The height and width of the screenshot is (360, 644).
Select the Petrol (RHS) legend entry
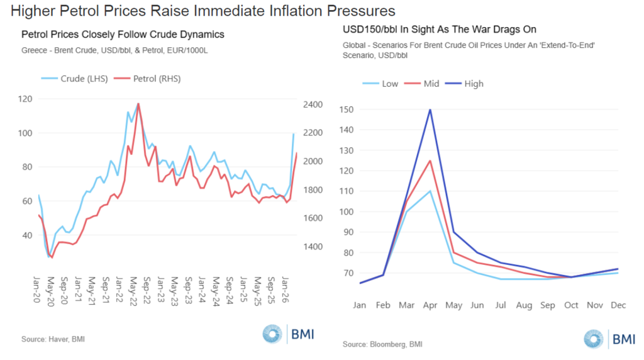pyautogui.click(x=156, y=79)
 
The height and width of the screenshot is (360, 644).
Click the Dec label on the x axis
pyautogui.click(x=619, y=307)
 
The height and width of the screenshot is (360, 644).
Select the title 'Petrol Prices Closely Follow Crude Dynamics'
pyautogui.click(x=123, y=34)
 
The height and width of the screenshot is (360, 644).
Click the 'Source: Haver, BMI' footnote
pyautogui.click(x=53, y=339)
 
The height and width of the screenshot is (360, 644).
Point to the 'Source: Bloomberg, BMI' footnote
pyautogui.click(x=382, y=345)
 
